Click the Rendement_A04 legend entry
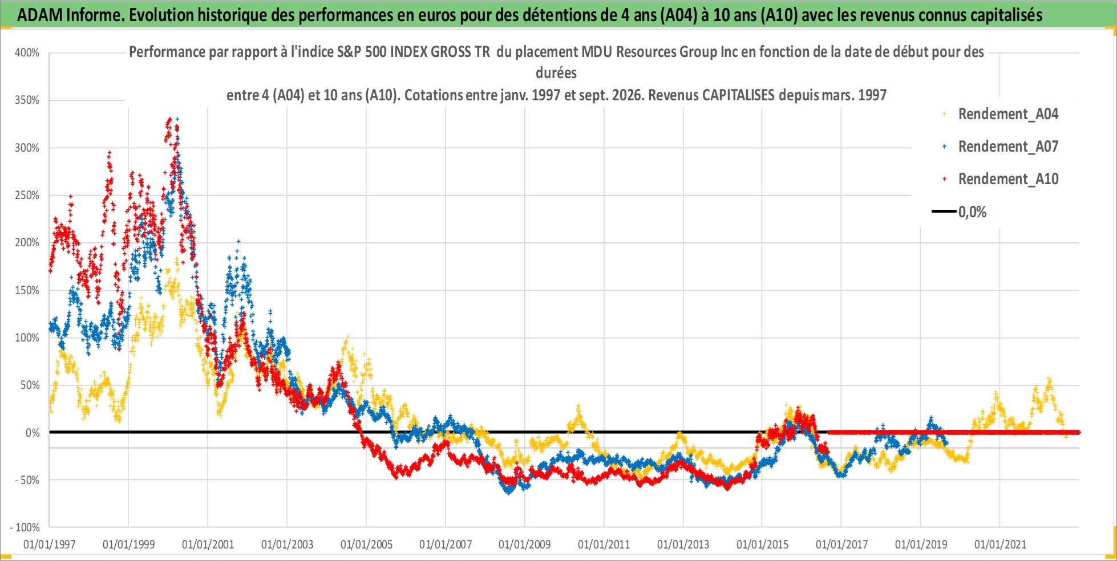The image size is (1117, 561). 1008,114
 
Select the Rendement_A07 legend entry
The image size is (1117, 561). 1008,147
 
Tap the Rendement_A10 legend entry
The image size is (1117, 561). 1008,179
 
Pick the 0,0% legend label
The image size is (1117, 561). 972,212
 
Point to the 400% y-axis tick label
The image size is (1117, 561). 27,53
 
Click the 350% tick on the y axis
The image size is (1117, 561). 27,100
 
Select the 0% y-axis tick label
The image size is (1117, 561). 33,433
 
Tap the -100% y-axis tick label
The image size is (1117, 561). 25,527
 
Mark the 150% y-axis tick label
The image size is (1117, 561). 27,290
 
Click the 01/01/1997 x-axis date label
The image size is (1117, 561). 50,544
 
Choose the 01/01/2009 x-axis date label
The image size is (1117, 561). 525,544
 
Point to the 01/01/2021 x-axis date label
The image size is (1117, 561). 1000,544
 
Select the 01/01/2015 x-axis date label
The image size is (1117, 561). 763,544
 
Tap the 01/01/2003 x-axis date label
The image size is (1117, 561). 288,544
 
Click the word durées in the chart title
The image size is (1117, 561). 556,73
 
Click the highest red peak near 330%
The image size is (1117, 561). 169,120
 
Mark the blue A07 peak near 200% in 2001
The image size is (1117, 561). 238,242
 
